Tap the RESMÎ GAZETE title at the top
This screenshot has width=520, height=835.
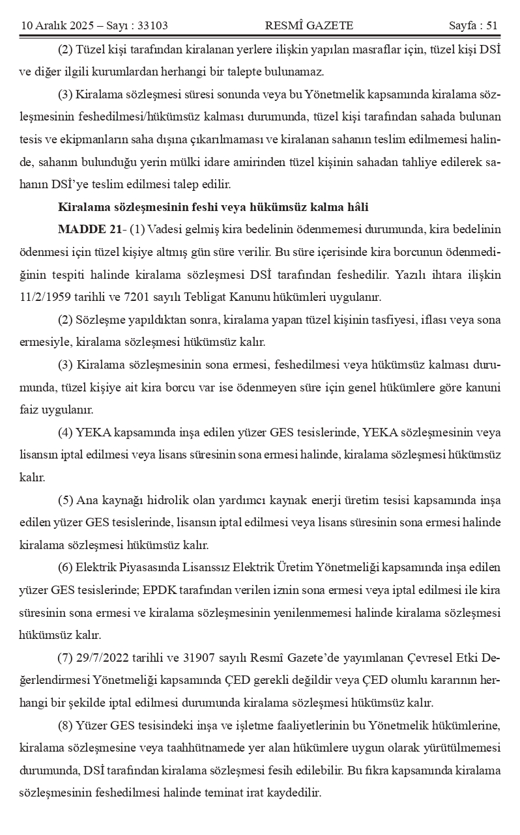[x=309, y=25]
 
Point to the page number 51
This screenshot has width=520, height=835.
[x=493, y=25]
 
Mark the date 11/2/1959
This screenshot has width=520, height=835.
[x=45, y=297]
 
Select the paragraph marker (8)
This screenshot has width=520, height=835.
[x=65, y=726]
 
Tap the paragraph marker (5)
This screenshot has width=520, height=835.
[x=65, y=500]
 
